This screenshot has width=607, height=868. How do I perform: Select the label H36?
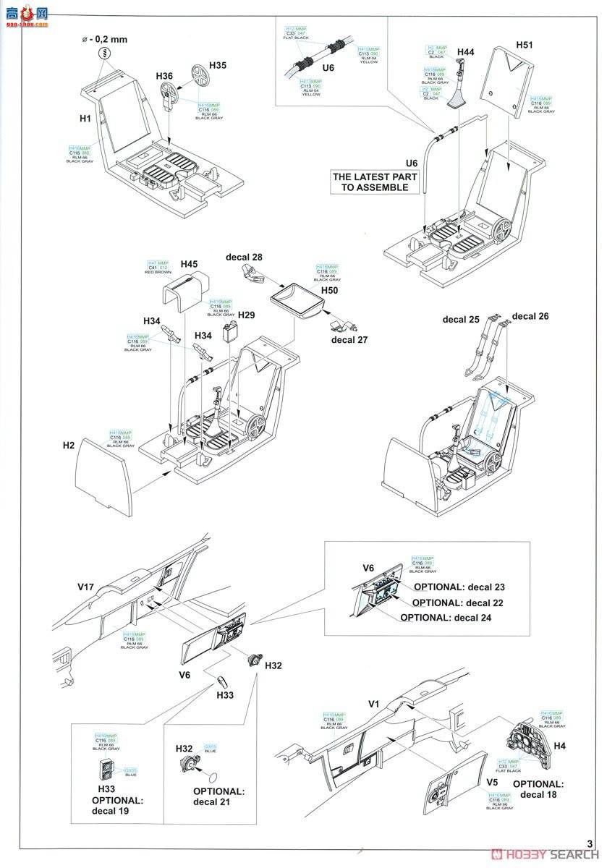tap(164, 76)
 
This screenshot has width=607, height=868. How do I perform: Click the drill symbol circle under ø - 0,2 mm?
tap(106, 54)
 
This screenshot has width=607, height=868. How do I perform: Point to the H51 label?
tap(525, 45)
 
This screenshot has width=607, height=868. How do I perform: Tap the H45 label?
tap(190, 263)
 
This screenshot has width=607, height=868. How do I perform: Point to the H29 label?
tap(247, 315)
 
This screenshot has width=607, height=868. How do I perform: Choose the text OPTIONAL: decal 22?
tap(457, 603)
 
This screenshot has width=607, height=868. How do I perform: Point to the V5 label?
tap(493, 782)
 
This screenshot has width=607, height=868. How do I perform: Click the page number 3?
tap(590, 843)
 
